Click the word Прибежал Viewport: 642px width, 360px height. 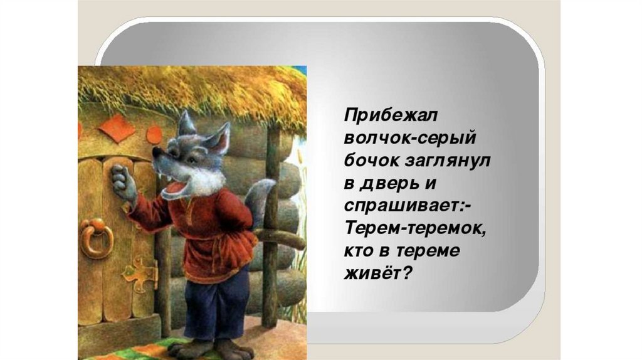[391, 115]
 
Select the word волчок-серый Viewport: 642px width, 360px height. [410, 138]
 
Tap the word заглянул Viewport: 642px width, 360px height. [448, 161]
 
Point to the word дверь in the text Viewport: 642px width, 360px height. [387, 184]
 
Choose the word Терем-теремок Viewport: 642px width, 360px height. [416, 228]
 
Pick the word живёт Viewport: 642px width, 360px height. [370, 273]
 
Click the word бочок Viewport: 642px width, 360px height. [371, 161]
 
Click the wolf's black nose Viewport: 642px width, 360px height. [156, 152]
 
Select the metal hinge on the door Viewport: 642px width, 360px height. [141, 272]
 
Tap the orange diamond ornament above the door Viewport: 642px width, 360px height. [117, 128]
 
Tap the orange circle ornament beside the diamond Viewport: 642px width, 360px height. [154, 135]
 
